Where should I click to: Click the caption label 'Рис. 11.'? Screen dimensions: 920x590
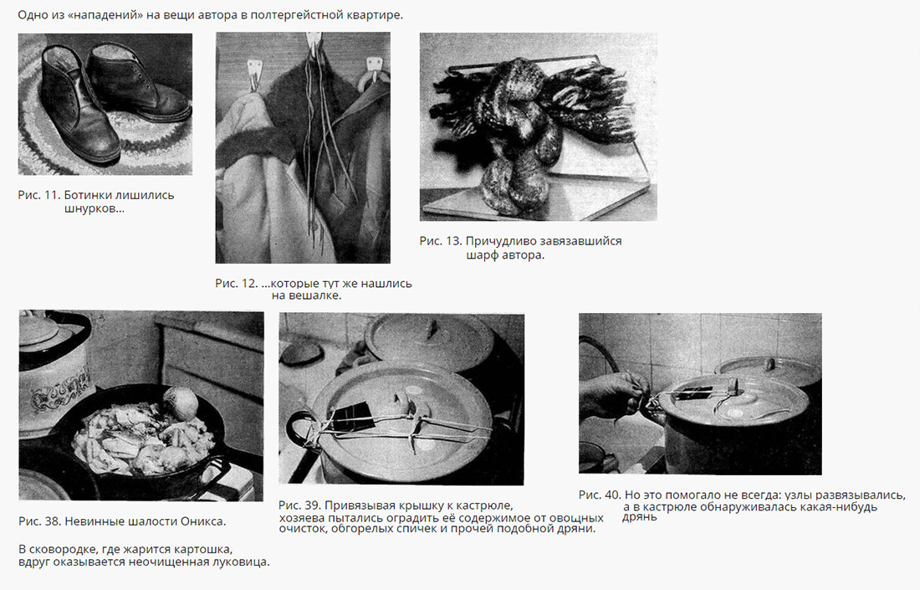(x=38, y=195)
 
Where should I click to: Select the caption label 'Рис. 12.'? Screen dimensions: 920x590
(x=237, y=284)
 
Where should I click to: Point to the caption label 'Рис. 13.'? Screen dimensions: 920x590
(x=441, y=241)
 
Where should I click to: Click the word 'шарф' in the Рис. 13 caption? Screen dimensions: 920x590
(x=482, y=255)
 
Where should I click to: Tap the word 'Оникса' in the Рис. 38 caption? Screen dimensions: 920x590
(x=202, y=521)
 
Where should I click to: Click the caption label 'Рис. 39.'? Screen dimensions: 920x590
(x=299, y=505)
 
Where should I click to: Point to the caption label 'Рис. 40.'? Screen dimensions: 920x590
(x=600, y=495)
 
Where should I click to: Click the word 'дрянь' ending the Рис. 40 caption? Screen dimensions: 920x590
(x=640, y=517)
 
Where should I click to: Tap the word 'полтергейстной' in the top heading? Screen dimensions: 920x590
(x=289, y=15)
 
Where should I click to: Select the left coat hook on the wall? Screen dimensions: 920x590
(x=254, y=74)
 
